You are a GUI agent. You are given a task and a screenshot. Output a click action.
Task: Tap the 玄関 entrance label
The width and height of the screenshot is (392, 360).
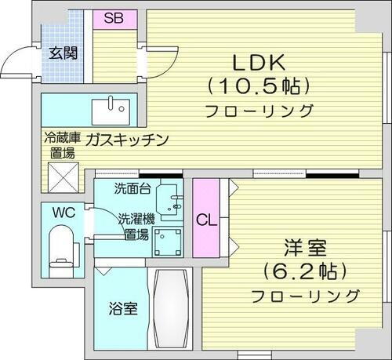[x=63, y=53]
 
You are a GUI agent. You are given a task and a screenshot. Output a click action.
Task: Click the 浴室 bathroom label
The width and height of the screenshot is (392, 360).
[x=122, y=308]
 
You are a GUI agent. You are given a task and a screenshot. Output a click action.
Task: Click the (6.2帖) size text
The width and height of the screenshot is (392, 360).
[x=302, y=271]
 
